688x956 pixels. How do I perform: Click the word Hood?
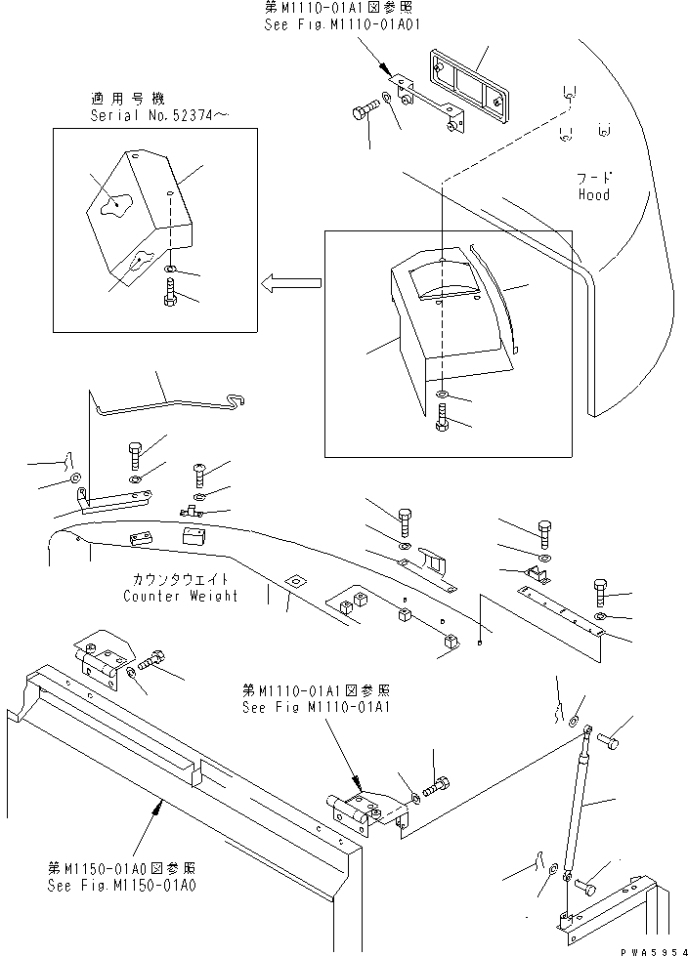(x=593, y=194)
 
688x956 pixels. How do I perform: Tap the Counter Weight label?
(x=180, y=596)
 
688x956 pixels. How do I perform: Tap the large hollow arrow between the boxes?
(x=291, y=284)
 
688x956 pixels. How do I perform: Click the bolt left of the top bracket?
(x=364, y=112)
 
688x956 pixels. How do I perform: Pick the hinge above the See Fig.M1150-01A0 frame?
(x=100, y=663)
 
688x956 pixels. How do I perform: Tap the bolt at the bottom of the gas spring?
(x=584, y=888)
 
